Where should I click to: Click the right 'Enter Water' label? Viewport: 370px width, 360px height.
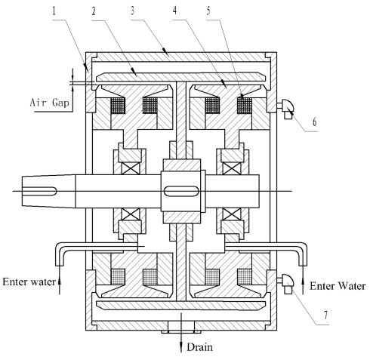338,286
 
